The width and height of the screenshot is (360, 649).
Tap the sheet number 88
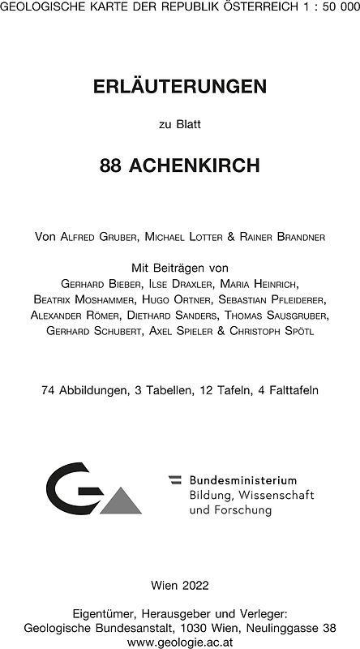click(113, 166)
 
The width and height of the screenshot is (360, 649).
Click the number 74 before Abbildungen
click(48, 390)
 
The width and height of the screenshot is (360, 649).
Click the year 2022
click(193, 584)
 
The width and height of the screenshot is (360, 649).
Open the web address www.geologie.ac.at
click(179, 640)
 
